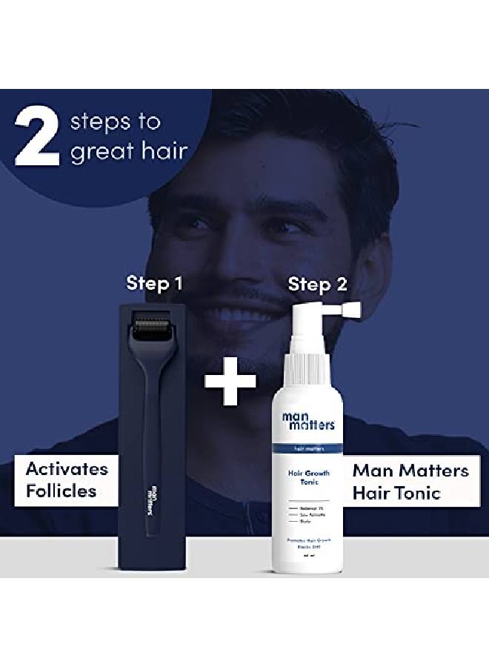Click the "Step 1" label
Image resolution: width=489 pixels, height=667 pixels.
(x=154, y=283)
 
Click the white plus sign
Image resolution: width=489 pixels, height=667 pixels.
(x=230, y=381)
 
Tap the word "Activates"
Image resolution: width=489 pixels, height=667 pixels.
(x=66, y=469)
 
